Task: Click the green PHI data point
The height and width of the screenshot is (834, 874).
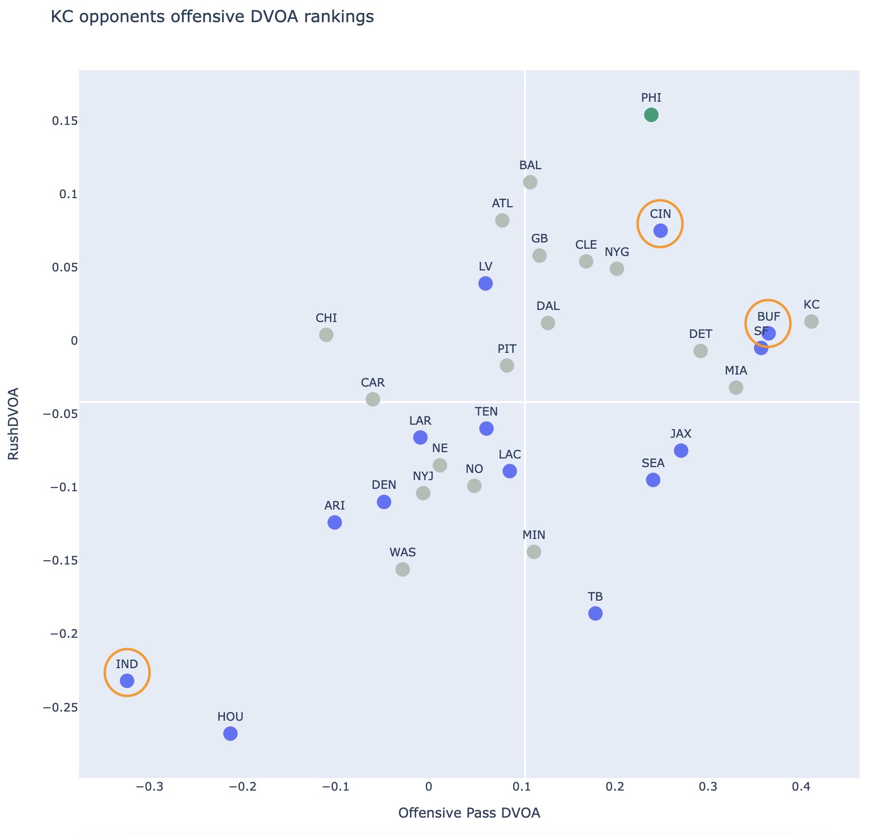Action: tap(651, 115)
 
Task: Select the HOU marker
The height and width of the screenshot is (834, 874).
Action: tap(230, 734)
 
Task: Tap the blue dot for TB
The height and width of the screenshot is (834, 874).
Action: tap(596, 614)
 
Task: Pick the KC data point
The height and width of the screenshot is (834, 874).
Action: tap(811, 322)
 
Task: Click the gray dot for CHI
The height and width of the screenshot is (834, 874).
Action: tap(326, 335)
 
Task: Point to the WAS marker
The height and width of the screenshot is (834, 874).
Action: tap(403, 569)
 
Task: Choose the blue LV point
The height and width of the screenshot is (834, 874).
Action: tap(486, 283)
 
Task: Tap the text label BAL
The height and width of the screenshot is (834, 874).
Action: tap(530, 165)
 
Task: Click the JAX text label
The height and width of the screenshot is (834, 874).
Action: tap(681, 434)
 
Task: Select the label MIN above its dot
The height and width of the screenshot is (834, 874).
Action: tap(534, 535)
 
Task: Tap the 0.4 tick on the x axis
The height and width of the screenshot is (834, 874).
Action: tap(801, 787)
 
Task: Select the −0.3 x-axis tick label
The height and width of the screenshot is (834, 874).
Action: tap(149, 787)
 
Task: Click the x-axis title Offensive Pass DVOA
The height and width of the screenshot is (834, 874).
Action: tap(469, 813)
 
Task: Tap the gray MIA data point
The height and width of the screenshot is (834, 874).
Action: tap(736, 388)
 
